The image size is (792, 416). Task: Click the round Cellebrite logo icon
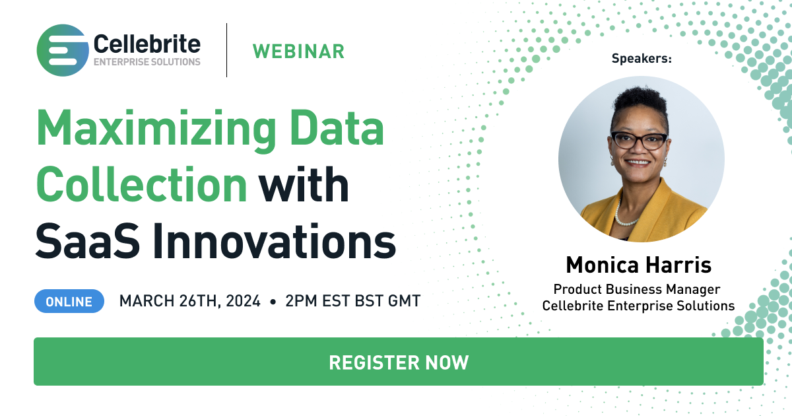63,50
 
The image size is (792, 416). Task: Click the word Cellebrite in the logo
147,44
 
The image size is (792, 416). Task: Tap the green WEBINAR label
298,52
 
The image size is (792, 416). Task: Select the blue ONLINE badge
69,301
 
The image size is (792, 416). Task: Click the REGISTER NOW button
399,362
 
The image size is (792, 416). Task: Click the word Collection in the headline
141,184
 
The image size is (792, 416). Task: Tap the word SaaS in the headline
88,242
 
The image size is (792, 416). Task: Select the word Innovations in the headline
275,242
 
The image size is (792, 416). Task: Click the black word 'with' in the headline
304,184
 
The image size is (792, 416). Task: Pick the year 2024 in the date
243,301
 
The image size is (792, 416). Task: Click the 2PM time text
300,301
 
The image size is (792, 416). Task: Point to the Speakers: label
642,58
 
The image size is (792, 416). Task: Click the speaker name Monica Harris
639,265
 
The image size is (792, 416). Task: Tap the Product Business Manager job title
637,289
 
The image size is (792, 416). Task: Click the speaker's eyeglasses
639,141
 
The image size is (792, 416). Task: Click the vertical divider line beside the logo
226,50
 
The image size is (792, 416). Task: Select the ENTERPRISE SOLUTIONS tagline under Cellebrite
147,62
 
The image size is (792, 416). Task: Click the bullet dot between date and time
273,302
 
